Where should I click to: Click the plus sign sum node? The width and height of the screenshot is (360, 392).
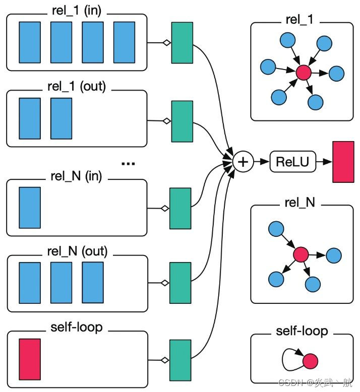point(244,162)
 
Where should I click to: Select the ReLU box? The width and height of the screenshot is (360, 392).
point(292,162)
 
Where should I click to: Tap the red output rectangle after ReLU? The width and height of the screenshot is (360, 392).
point(344,162)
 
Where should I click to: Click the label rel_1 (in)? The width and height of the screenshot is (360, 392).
point(76,11)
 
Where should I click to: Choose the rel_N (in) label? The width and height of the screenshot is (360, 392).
point(77,176)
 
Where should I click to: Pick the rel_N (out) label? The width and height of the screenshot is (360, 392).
point(77,250)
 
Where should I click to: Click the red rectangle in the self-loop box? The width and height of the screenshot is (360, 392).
point(30,359)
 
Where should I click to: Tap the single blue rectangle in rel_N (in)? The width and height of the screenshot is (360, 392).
point(30,207)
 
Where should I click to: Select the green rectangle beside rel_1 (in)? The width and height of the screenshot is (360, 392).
point(182,43)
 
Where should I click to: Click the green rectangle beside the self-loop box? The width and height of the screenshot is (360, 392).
point(181,360)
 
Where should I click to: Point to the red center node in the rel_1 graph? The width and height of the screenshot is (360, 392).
point(303,73)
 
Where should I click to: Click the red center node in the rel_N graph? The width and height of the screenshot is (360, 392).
point(301,254)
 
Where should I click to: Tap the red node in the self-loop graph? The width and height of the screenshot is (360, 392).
point(310,361)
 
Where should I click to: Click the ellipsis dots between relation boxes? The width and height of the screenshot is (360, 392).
point(129,163)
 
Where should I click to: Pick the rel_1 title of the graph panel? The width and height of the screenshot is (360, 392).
point(302,22)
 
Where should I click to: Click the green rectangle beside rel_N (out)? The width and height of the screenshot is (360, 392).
point(181,283)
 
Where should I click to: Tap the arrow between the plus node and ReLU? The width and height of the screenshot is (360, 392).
point(261,162)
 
